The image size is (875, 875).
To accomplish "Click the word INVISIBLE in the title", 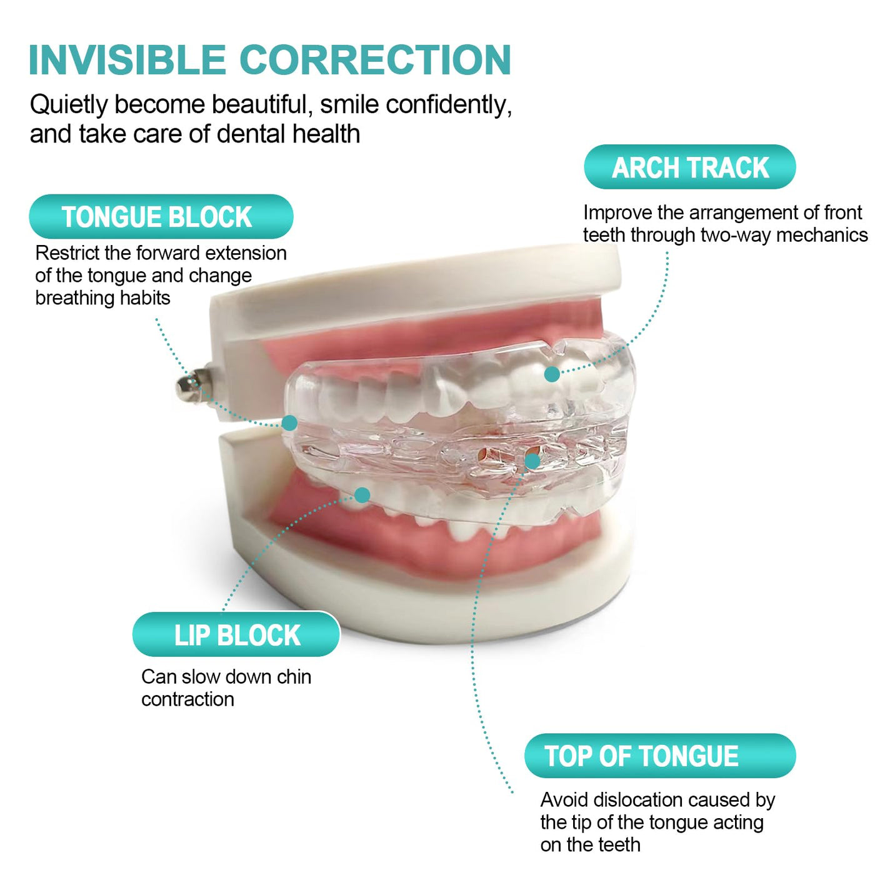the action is (x=127, y=59).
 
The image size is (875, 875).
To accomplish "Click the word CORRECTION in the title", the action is (x=376, y=59).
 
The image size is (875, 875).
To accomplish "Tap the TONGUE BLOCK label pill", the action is (x=161, y=217).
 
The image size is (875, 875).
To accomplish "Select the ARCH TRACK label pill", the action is (x=690, y=167).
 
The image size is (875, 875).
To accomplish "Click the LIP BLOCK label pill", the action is (x=236, y=634).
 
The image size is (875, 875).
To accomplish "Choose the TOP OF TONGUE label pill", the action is (x=660, y=756).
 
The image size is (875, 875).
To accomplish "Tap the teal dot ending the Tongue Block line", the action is (x=289, y=422).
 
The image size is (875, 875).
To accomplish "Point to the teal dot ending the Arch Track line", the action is (x=552, y=374).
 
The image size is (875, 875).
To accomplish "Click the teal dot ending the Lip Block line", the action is (x=362, y=495).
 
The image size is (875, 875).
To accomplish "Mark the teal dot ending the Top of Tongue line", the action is (x=532, y=461).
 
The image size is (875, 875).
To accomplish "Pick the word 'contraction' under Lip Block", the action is (x=187, y=699).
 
